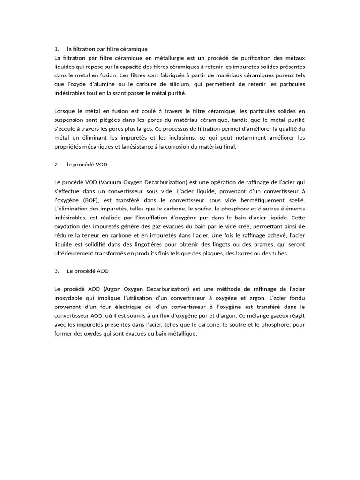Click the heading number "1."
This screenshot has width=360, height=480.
tap(57, 49)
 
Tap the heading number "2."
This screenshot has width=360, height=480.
tap(57, 165)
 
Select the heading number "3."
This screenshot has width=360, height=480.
tap(57, 271)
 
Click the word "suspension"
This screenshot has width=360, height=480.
tap(70, 120)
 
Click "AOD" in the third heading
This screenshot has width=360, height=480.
tap(102, 271)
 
